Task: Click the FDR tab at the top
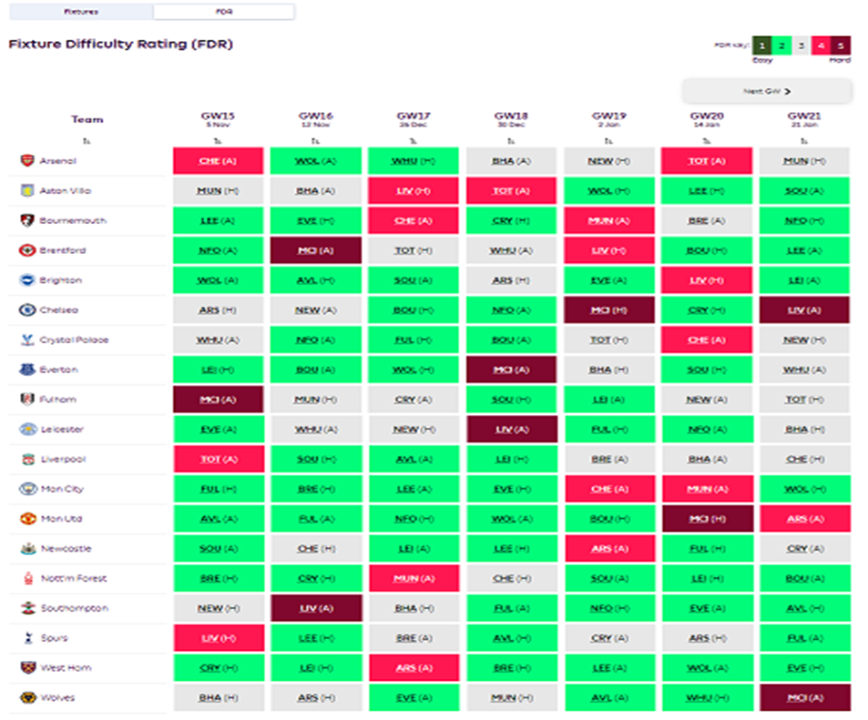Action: pyautogui.click(x=223, y=12)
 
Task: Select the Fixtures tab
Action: pyautogui.click(x=82, y=12)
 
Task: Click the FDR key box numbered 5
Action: pyautogui.click(x=841, y=46)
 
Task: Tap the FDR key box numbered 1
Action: pyautogui.click(x=761, y=46)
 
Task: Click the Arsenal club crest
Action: pyautogui.click(x=27, y=161)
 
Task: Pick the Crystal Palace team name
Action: pyautogui.click(x=74, y=340)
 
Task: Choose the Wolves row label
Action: pyautogui.click(x=57, y=698)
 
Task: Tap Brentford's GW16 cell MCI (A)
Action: pyautogui.click(x=315, y=250)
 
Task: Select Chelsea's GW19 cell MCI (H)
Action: pyautogui.click(x=609, y=310)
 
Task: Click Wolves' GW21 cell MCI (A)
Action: pyautogui.click(x=804, y=698)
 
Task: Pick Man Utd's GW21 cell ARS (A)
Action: pyautogui.click(x=804, y=519)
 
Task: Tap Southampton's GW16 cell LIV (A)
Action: pyautogui.click(x=315, y=608)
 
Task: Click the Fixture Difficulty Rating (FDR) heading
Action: pyautogui.click(x=120, y=44)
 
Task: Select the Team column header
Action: pyautogui.click(x=87, y=119)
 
